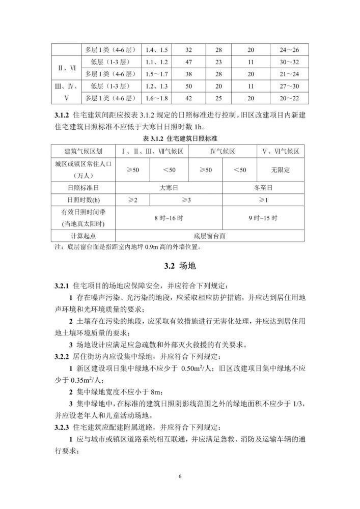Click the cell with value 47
point(188,62)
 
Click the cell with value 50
point(188,86)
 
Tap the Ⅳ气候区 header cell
point(223,152)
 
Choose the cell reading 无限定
point(280,169)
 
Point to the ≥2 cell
point(133,200)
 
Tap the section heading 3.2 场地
point(180,266)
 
